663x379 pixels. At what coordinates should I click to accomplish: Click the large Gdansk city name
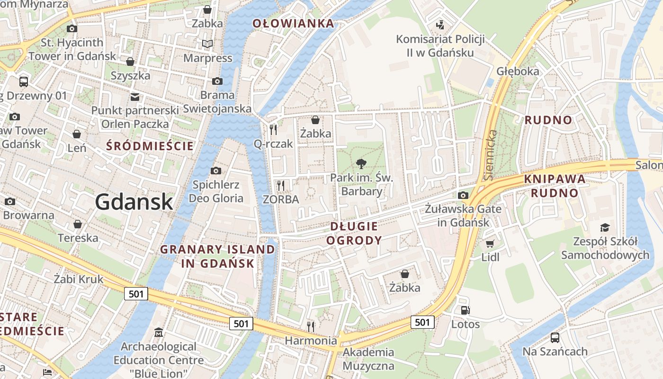(134, 202)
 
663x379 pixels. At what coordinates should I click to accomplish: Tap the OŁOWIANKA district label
(293, 23)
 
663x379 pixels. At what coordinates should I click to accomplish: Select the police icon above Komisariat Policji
(440, 24)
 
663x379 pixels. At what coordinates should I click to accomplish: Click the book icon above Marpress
(207, 44)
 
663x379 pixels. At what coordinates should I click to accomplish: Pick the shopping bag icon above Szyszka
(130, 62)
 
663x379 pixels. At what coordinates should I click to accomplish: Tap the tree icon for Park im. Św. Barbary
(361, 164)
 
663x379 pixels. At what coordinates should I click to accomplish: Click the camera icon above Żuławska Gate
(463, 195)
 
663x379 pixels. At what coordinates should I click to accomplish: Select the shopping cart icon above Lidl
(490, 244)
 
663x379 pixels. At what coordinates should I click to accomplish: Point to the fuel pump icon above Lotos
(465, 310)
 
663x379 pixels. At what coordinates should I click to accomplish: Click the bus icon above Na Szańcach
(555, 338)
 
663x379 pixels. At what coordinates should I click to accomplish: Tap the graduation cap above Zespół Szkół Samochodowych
(605, 228)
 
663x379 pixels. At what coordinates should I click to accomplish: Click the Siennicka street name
(490, 154)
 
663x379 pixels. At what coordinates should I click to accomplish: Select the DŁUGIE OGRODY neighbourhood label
(354, 233)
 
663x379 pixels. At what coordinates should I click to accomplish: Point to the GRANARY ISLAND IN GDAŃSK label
(218, 256)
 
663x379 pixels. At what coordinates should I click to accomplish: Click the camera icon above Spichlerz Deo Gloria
(216, 171)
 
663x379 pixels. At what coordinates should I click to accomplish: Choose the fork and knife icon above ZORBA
(281, 185)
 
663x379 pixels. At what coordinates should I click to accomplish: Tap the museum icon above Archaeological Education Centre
(159, 332)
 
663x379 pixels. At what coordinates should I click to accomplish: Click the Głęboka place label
(518, 71)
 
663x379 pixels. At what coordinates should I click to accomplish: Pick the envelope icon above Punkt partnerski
(135, 97)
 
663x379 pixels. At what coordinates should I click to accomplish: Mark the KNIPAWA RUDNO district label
(555, 186)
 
